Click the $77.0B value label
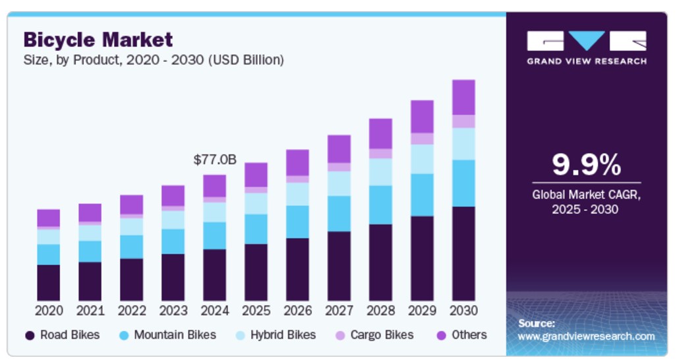point(215,160)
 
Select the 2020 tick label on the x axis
point(49,311)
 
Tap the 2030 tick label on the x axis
point(463,311)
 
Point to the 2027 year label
point(339,311)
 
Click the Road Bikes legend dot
point(30,336)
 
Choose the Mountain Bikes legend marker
point(123,336)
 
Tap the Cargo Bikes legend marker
point(339,336)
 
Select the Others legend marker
point(441,336)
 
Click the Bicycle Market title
point(98,40)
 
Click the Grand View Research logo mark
point(586,41)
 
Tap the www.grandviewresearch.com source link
point(586,336)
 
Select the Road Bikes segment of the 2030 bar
point(463,254)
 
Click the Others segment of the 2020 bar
point(49,218)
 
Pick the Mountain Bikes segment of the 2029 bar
point(422,195)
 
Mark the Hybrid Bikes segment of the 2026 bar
point(297,194)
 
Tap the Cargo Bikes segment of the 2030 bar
point(463,121)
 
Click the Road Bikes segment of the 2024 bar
point(214,275)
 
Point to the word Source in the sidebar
point(536,324)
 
